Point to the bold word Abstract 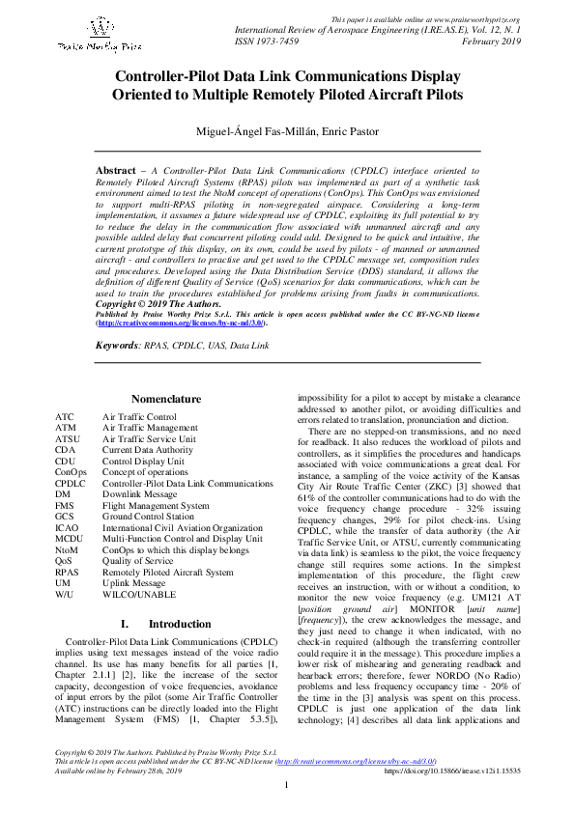click(115, 171)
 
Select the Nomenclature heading click(165, 399)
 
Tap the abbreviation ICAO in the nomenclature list click(67, 528)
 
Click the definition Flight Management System click(156, 505)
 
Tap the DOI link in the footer click(452, 798)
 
